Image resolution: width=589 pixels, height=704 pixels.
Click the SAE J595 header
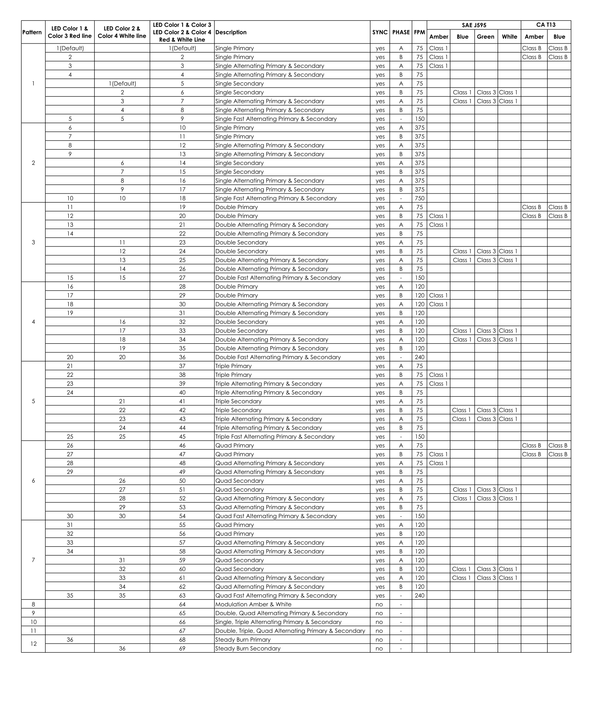pos(474,25)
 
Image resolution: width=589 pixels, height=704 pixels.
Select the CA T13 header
pos(545,25)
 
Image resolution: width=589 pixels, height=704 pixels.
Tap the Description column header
pos(231,32)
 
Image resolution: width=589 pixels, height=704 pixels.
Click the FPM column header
pos(419,32)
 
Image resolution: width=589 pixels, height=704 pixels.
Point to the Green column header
pos(485,36)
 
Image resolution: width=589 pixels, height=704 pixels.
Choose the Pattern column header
pos(32,32)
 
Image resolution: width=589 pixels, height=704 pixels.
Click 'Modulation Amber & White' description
pos(253,604)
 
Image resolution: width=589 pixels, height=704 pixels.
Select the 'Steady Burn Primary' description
pos(243,640)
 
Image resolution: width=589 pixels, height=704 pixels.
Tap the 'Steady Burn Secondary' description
pos(248,648)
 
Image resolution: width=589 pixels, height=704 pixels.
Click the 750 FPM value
pos(419,198)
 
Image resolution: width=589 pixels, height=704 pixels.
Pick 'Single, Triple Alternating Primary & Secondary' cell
pos(278,622)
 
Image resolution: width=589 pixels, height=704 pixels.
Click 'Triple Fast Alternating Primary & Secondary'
pos(275,436)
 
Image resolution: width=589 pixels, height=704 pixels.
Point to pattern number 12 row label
pos(33,644)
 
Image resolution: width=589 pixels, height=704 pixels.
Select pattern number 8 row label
pos(33,604)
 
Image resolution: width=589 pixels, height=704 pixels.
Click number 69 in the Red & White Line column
pos(182,648)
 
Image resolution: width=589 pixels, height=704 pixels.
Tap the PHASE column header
pos(401,32)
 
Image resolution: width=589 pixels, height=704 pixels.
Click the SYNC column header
pos(380,32)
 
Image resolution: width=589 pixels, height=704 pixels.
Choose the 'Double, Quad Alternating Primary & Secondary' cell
pos(282,613)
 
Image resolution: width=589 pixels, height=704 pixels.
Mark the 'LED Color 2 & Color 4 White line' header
pos(122,32)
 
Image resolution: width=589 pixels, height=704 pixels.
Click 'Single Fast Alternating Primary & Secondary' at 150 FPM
pos(276,119)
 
